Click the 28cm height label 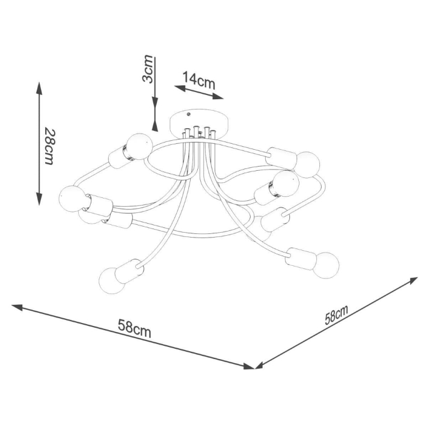pyautogui.click(x=49, y=146)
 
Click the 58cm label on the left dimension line pyautogui.click(x=134, y=328)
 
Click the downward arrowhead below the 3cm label pyautogui.click(x=155, y=124)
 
